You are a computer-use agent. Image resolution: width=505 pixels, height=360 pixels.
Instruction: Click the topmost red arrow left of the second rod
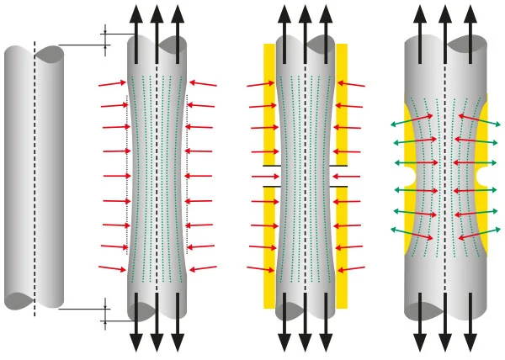click(x=112, y=83)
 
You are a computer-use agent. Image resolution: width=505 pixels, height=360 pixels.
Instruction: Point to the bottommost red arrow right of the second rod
click(x=203, y=269)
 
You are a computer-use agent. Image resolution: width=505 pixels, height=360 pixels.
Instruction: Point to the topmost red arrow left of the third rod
click(x=260, y=84)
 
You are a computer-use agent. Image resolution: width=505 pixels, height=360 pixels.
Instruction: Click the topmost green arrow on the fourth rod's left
click(x=412, y=120)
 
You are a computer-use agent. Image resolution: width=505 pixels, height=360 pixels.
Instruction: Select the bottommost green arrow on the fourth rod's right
click(x=479, y=233)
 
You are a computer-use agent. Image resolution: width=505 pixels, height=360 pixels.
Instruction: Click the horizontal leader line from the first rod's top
click(x=84, y=45)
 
